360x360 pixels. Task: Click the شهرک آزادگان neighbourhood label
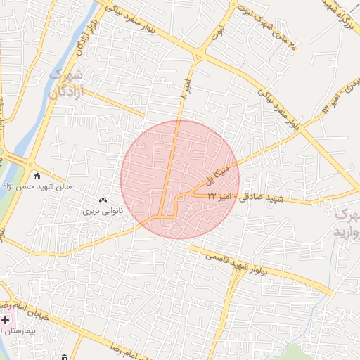(67, 84)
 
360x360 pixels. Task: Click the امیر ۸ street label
(184, 84)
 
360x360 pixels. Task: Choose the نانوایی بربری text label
(103, 210)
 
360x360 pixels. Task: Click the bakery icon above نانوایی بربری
(103, 200)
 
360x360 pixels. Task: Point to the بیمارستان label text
(21, 330)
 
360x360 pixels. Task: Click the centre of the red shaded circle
(180, 179)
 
